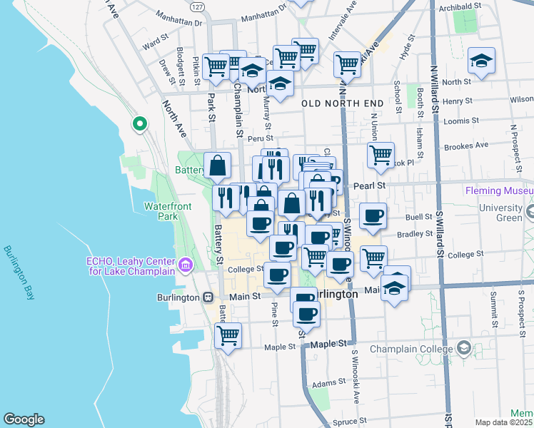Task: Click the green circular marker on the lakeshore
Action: (140, 124)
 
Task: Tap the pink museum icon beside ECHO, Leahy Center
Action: (186, 265)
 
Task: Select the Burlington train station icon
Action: (208, 297)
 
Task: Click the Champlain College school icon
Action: (464, 349)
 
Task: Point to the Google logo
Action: (24, 419)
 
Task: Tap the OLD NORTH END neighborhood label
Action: (343, 103)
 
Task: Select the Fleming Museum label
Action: (498, 191)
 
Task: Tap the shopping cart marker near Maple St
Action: (228, 335)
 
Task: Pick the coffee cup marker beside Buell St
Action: (372, 216)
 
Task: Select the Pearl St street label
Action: (370, 185)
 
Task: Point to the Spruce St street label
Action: (350, 422)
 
